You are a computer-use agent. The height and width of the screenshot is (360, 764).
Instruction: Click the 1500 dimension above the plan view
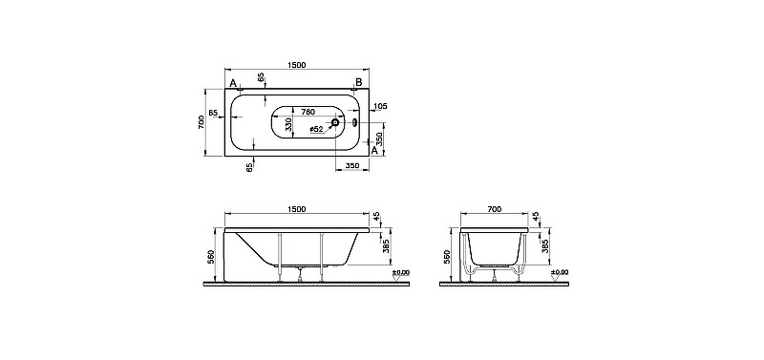(296, 65)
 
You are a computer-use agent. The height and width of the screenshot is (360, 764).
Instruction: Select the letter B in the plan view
(359, 82)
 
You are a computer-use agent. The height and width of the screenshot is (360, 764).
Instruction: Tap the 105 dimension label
(380, 106)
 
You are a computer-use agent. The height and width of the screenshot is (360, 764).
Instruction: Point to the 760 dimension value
(308, 112)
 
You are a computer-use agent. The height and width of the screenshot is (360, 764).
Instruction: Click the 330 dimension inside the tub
(288, 124)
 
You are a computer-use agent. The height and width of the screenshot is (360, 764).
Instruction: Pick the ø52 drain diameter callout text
(317, 129)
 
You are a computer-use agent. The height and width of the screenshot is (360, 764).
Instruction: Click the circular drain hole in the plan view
(336, 122)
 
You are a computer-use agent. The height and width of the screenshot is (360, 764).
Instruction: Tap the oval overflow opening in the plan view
(354, 122)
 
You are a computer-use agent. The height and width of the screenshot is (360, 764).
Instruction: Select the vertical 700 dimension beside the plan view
(202, 122)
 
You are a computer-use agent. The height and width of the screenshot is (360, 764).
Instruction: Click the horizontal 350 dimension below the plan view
(351, 165)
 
